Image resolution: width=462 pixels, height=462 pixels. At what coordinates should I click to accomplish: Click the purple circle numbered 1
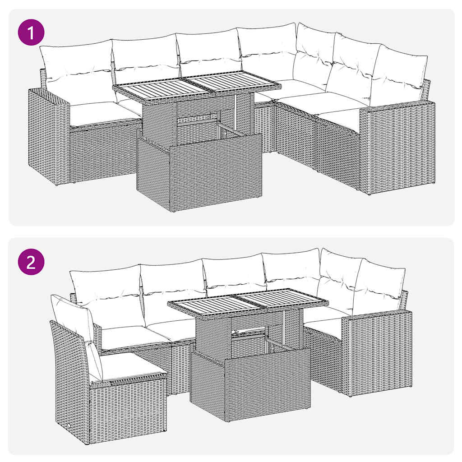click(31, 34)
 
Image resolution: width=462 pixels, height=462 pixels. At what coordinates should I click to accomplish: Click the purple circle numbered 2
click(31, 263)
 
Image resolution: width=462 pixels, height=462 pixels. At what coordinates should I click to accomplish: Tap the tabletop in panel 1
click(196, 86)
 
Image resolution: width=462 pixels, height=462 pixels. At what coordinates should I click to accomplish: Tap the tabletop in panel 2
click(248, 302)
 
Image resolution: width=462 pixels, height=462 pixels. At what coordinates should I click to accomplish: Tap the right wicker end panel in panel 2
click(377, 352)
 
